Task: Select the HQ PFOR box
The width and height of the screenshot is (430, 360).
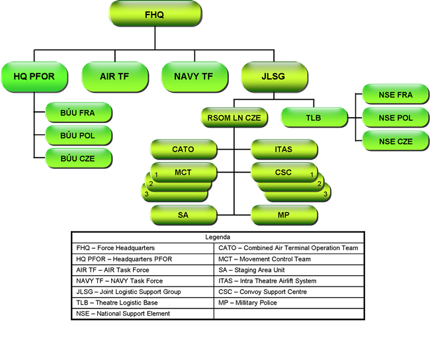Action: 34,76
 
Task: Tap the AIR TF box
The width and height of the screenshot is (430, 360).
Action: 114,76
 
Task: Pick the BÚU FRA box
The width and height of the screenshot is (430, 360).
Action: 78,113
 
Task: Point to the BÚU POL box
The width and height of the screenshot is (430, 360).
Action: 78,136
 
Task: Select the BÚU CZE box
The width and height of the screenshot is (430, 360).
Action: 78,159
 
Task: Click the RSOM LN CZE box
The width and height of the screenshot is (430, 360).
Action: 234,118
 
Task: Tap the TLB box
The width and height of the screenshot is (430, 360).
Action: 313,118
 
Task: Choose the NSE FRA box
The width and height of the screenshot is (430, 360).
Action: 396,95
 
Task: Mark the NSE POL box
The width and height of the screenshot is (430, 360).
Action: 396,118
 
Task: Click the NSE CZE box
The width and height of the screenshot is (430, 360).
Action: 396,142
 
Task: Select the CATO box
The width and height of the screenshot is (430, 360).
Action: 183,150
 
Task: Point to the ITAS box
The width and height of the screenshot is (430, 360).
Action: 283,150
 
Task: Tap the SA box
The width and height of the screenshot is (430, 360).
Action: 183,215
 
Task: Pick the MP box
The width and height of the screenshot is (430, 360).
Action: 283,215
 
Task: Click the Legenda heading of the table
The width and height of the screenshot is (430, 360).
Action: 218,236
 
